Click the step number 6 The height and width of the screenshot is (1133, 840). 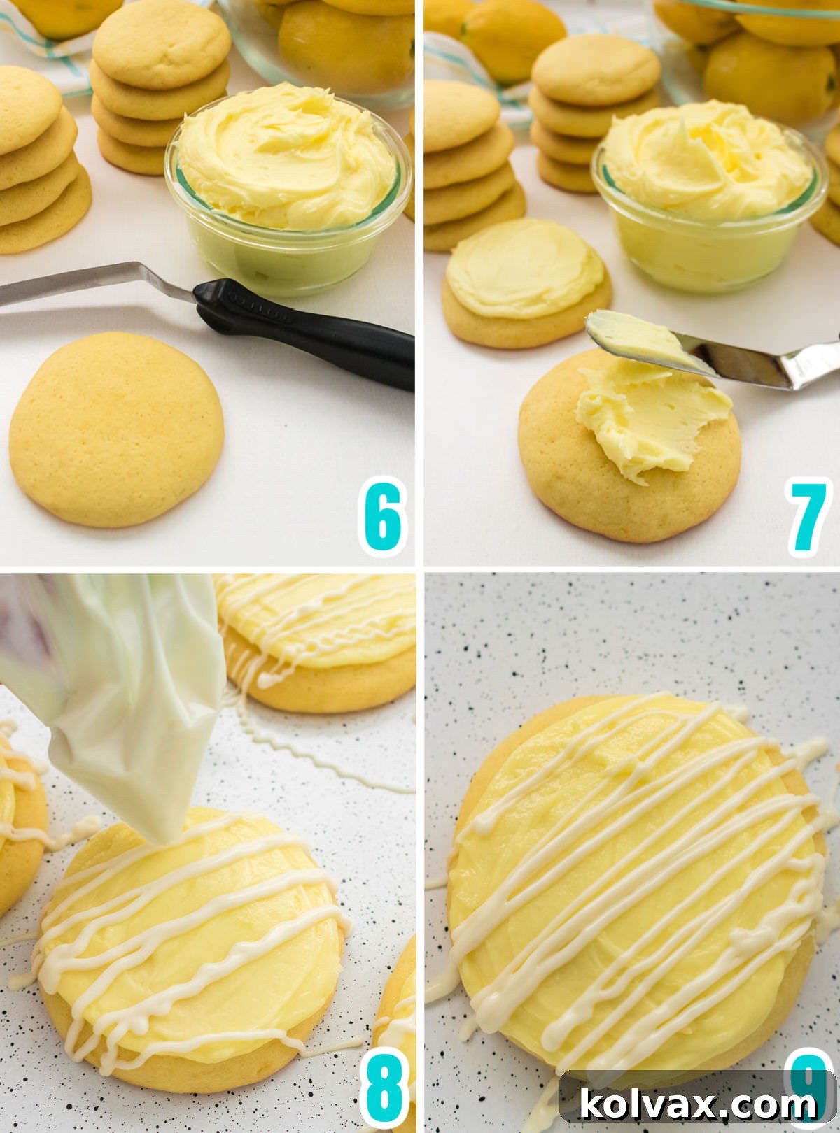(381, 518)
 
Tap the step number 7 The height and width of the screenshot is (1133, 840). (808, 518)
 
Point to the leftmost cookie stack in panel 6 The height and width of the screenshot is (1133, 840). (38, 161)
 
